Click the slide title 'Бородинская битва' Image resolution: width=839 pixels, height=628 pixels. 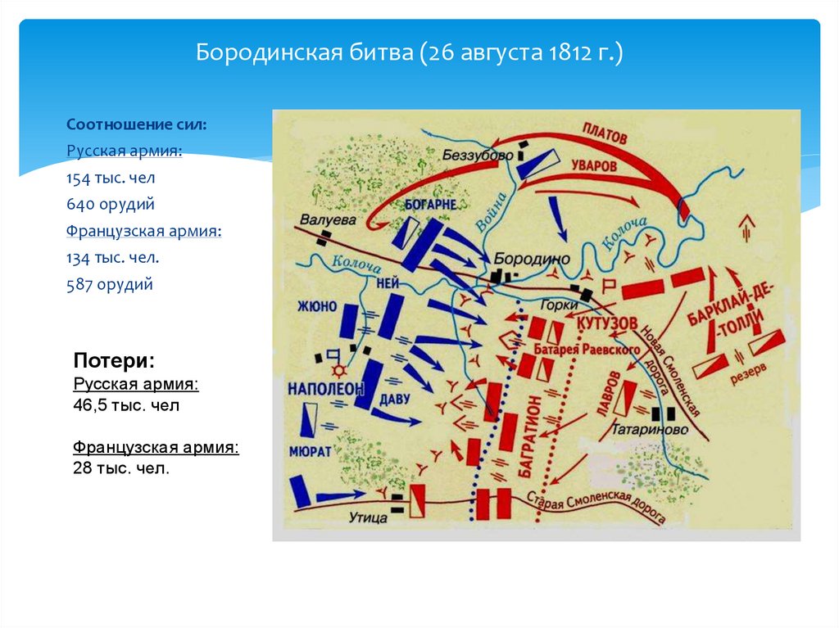point(410,56)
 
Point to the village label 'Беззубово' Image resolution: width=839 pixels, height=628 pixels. point(477,155)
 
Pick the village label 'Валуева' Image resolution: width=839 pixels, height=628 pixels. point(327,219)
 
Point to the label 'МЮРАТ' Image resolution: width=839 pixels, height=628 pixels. point(309,450)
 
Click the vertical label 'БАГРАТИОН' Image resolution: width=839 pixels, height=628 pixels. point(526,435)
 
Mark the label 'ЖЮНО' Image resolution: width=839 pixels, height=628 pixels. point(316,307)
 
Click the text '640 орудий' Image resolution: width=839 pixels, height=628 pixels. point(111,204)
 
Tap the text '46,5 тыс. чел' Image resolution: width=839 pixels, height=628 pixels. point(125,404)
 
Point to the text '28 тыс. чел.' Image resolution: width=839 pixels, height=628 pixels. point(120,468)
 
